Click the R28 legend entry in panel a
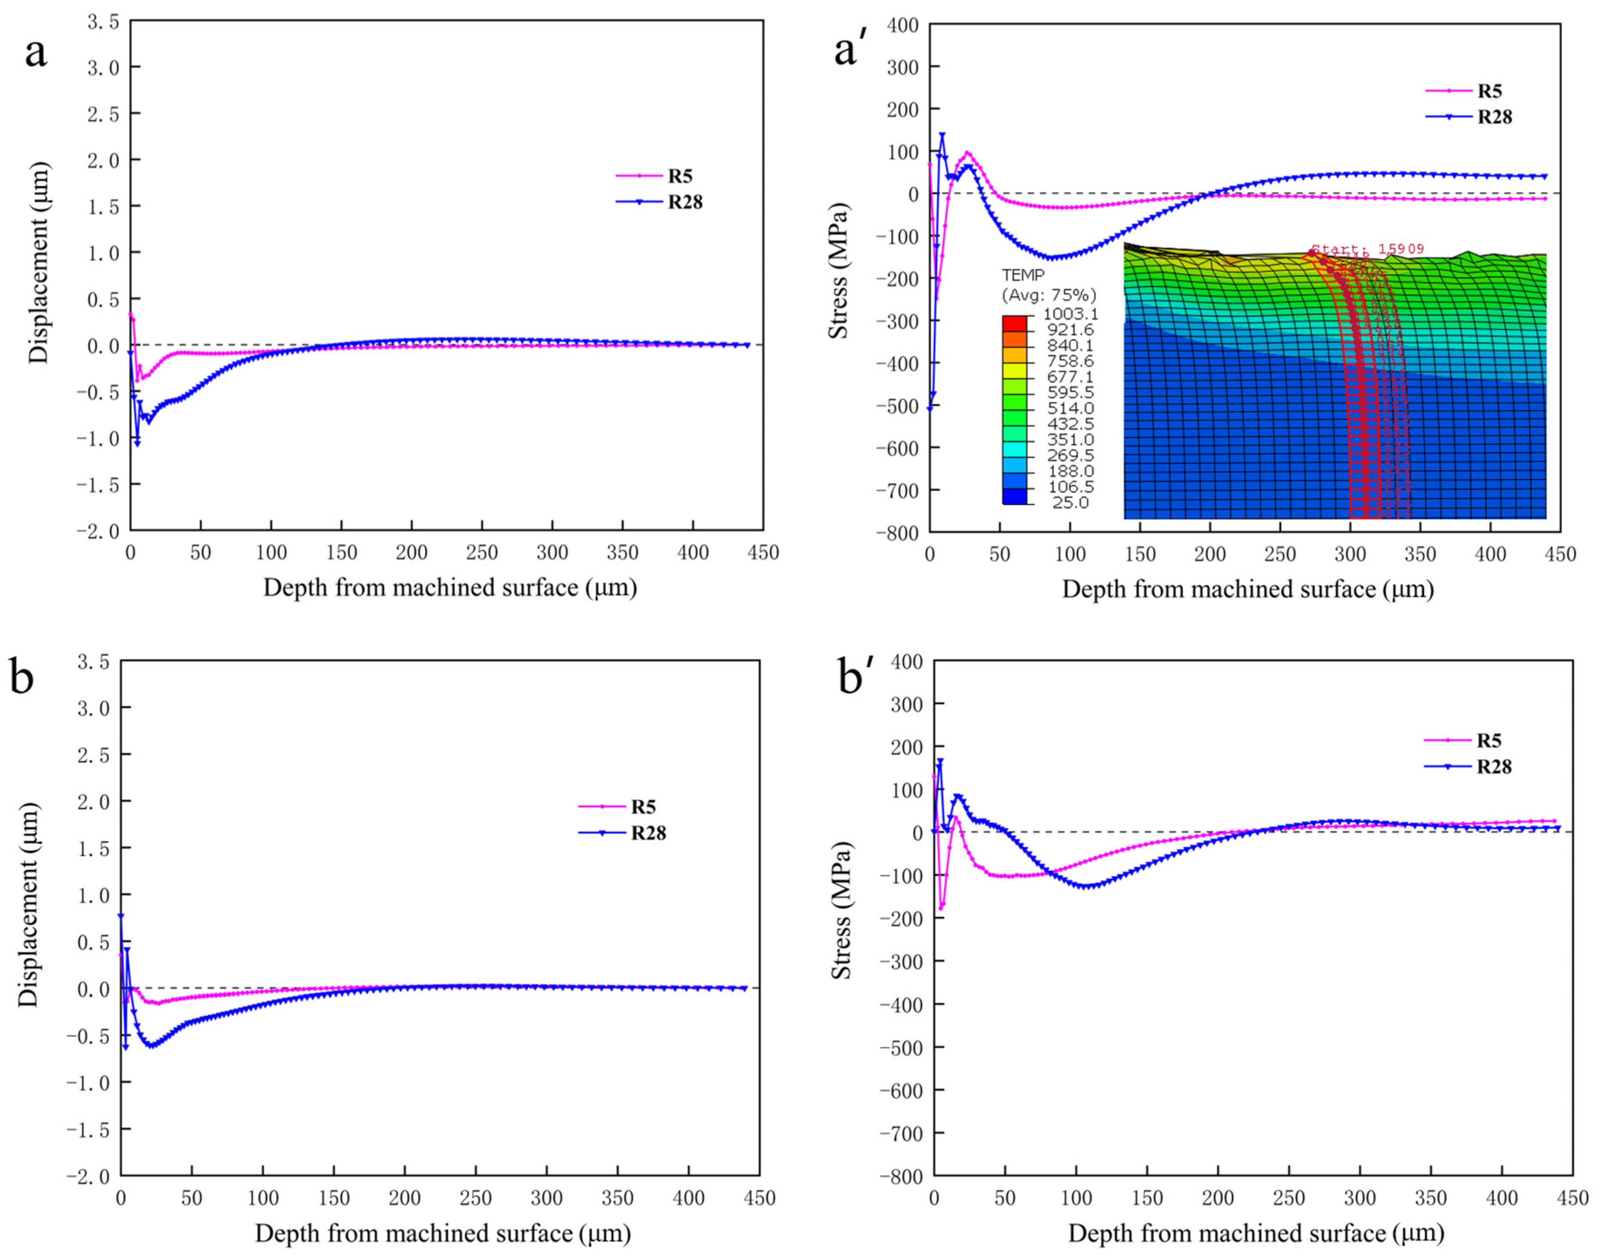pos(684,202)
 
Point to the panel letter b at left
pos(22,677)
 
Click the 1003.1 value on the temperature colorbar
pos(1070,314)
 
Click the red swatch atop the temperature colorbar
pos(1015,323)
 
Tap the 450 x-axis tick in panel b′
pos(1571,1199)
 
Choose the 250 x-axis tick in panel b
pos(475,1198)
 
